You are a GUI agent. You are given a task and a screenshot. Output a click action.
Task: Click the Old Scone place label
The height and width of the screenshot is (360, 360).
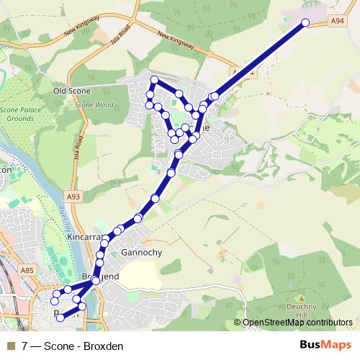(x=71, y=91)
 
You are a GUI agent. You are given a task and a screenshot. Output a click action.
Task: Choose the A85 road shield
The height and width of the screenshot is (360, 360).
(x=28, y=270)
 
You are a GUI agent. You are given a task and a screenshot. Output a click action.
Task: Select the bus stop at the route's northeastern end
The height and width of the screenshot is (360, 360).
(x=305, y=23)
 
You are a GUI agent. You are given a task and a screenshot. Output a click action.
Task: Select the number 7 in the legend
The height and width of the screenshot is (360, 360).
(x=25, y=346)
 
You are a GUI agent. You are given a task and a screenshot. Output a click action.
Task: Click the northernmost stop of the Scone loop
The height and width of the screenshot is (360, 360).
(x=154, y=79)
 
